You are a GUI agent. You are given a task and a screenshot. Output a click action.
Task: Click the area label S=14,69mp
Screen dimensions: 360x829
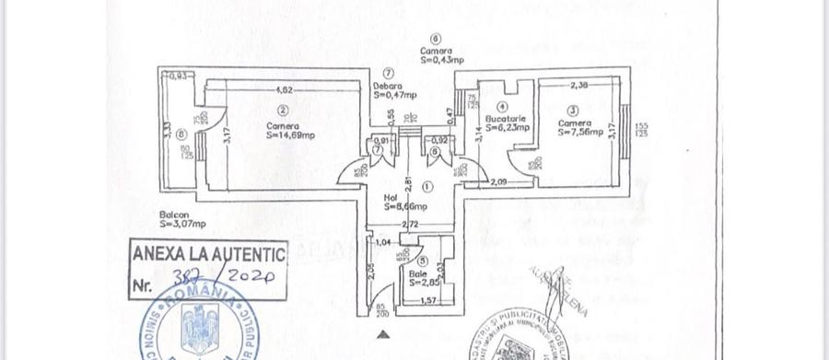[x=290, y=134]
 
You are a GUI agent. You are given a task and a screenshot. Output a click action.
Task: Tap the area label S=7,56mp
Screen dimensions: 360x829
[x=580, y=132]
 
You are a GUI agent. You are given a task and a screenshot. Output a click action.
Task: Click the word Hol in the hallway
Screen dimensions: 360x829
[x=391, y=195]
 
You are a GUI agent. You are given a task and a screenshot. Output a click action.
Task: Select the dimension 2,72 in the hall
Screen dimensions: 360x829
[x=411, y=224]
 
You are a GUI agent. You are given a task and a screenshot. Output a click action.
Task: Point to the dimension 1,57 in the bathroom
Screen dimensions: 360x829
[x=427, y=300]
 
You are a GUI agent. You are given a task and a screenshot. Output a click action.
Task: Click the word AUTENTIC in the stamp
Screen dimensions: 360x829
[x=245, y=253]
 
